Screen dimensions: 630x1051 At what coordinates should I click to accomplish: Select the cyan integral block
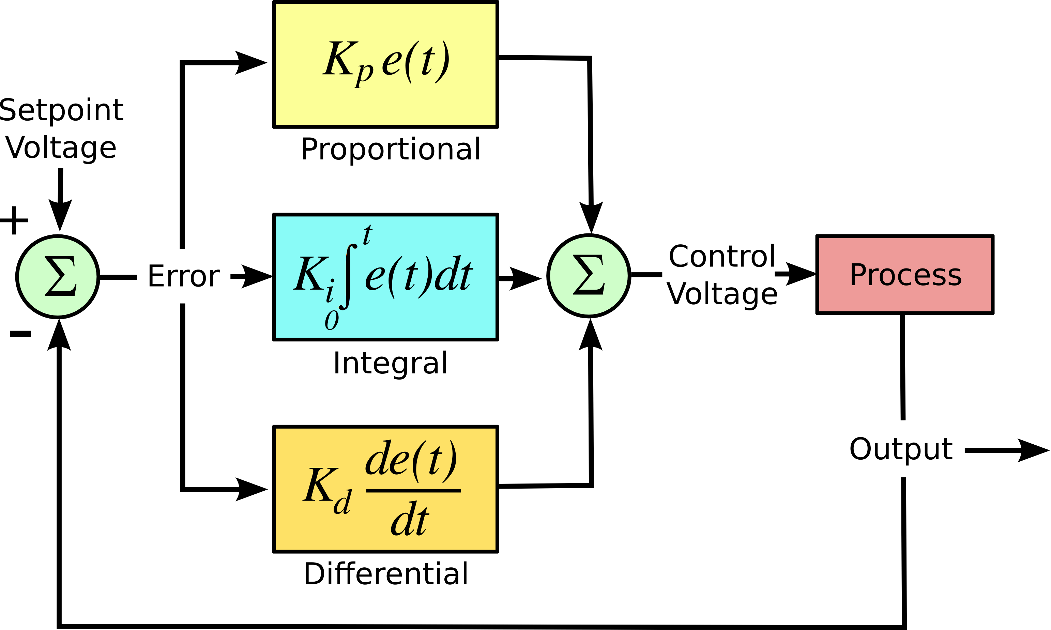pos(385,277)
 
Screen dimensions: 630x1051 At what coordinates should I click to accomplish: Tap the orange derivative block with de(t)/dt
pos(385,489)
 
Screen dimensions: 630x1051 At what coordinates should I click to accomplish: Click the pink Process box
pos(904,275)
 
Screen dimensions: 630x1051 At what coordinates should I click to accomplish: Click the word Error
pos(183,276)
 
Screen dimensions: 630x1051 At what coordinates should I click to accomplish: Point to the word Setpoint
pos(62,110)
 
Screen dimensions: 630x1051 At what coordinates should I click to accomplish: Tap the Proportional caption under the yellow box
pos(391,150)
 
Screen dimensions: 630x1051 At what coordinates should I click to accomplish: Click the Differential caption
pos(385,574)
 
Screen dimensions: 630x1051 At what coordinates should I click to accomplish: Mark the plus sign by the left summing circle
pos(14,220)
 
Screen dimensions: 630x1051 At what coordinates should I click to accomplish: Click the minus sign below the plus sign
pos(20,334)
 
